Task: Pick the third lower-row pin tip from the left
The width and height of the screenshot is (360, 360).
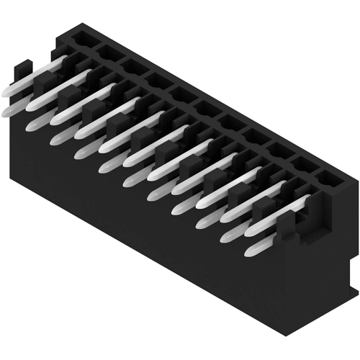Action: (x=57, y=139)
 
